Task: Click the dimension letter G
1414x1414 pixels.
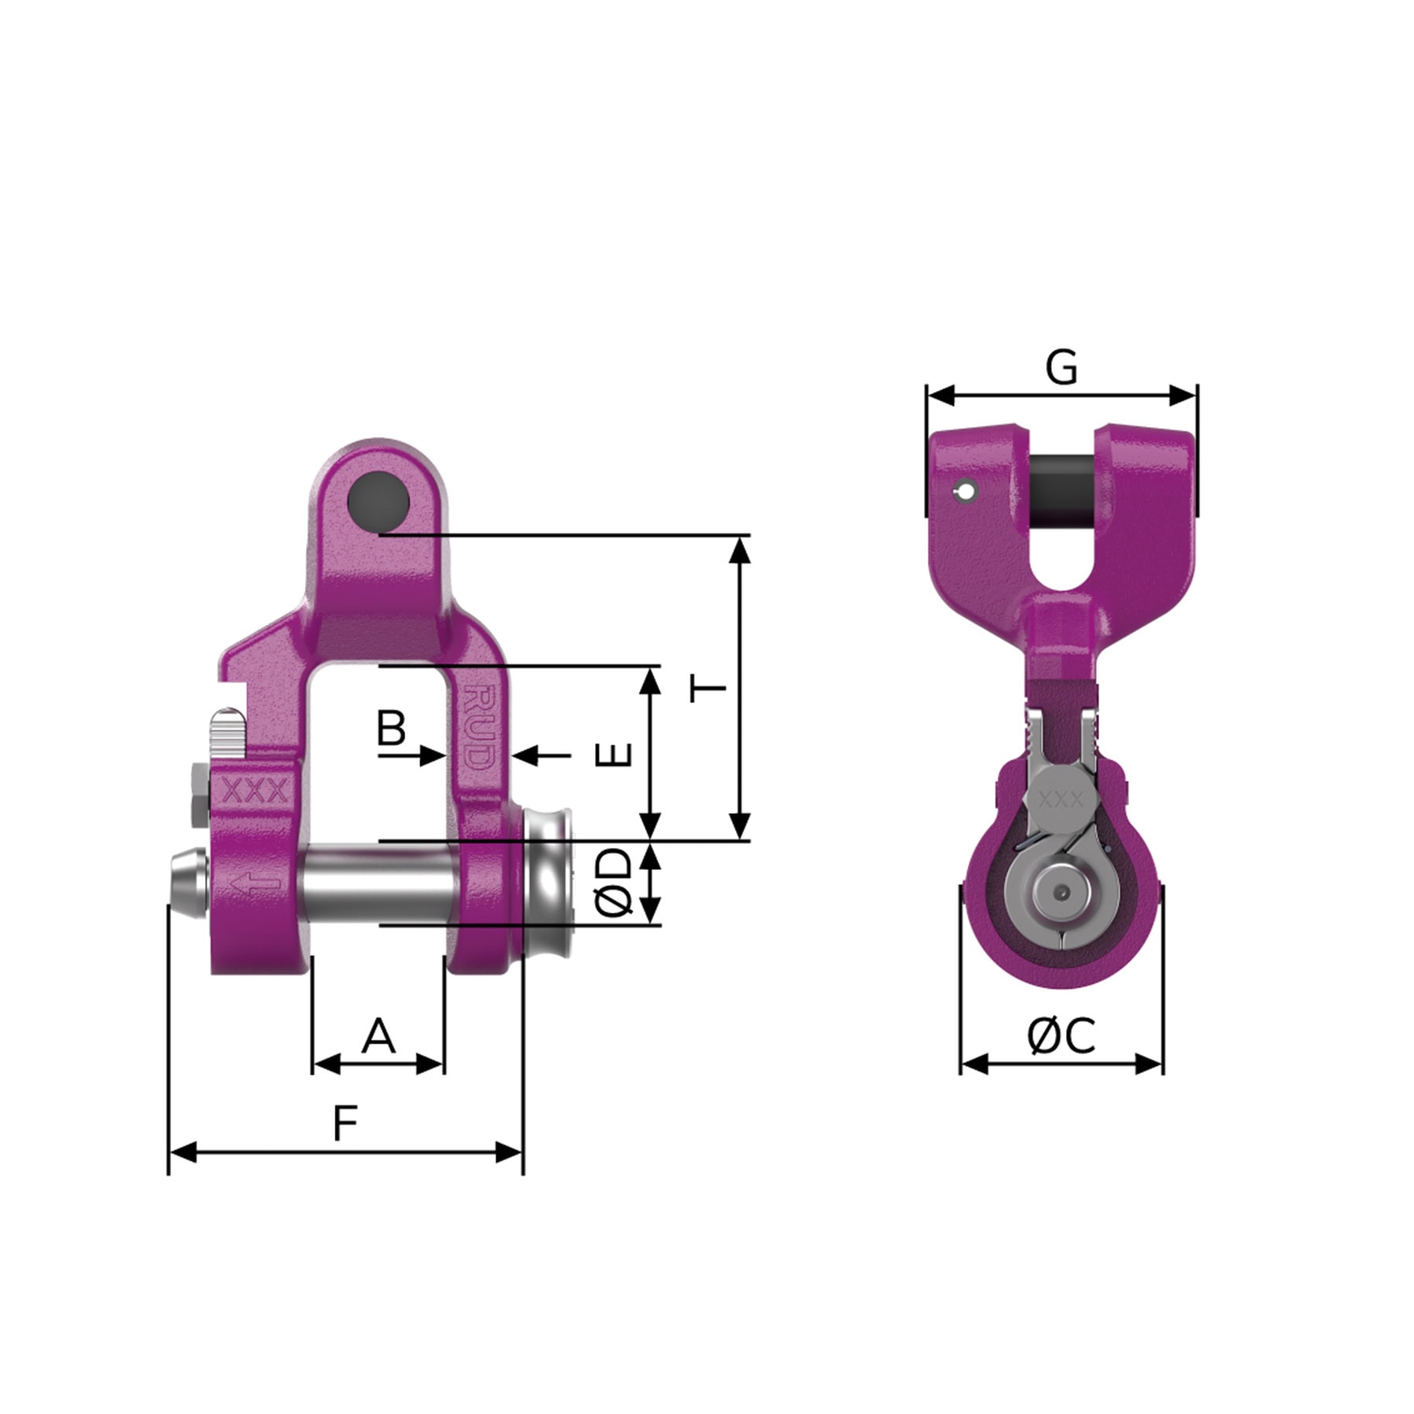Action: pyautogui.click(x=1061, y=368)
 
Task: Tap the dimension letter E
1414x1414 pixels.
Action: pyautogui.click(x=614, y=754)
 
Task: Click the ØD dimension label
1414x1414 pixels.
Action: pyautogui.click(x=614, y=882)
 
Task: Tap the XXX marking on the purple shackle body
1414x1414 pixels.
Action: pyautogui.click(x=255, y=792)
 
